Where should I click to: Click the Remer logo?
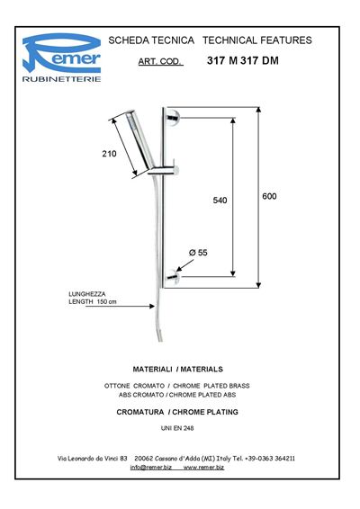point(61,54)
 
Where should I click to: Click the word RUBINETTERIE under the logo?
point(61,79)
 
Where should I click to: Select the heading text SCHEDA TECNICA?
point(151,40)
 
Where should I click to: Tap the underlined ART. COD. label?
point(160,61)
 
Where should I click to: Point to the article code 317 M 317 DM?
point(243,60)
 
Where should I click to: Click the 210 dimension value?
point(109,154)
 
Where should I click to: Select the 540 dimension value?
point(220,201)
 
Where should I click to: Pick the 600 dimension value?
point(269,196)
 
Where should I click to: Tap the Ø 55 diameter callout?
point(198,252)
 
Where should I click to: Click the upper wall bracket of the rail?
point(172,117)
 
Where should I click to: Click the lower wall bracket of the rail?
point(173,277)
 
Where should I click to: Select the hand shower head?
point(139,138)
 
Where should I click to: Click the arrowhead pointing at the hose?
point(152,306)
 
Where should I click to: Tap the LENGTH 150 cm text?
point(93,301)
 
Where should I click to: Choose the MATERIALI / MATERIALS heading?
point(177,369)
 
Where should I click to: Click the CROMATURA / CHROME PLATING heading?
point(177,412)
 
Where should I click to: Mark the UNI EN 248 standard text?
point(177,428)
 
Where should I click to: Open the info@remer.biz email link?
point(151,467)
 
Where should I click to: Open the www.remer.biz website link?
point(203,467)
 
